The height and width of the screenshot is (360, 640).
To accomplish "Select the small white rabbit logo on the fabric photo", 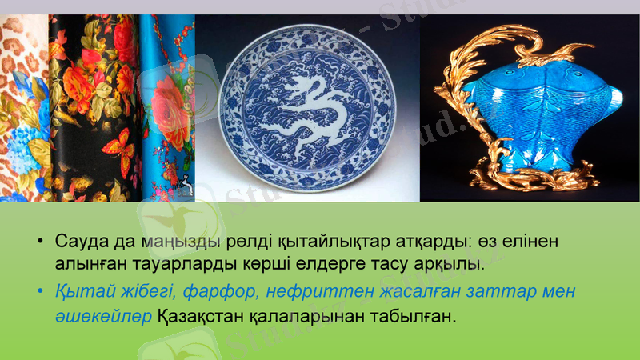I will point(186,185).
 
